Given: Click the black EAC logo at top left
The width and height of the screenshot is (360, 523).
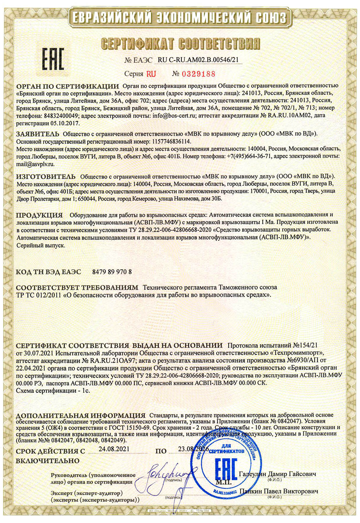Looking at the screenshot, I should click(53, 59).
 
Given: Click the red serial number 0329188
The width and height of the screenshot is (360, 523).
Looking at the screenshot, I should click(198, 74).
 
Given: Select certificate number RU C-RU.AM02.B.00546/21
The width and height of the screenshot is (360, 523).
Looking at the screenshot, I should click(198, 60).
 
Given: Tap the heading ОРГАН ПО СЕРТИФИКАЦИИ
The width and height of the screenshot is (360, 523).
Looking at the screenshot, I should click(67, 86).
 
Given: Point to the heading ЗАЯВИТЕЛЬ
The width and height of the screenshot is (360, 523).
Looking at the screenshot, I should click(38, 134).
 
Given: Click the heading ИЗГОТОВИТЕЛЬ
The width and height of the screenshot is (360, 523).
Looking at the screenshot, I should click(46, 176).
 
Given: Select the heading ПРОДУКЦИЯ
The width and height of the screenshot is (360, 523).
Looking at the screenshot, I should click(39, 215).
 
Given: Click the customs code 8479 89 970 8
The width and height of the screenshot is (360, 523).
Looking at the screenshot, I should click(112, 272).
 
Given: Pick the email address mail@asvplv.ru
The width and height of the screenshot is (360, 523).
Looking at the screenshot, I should click(35, 164).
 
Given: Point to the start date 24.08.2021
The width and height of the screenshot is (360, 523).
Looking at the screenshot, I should click(114, 449).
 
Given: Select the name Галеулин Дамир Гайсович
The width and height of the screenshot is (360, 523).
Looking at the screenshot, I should click(277, 474).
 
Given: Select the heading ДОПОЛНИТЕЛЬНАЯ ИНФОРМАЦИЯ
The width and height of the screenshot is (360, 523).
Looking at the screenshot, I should click(81, 415).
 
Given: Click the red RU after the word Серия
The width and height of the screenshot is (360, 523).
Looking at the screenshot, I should click(151, 74).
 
